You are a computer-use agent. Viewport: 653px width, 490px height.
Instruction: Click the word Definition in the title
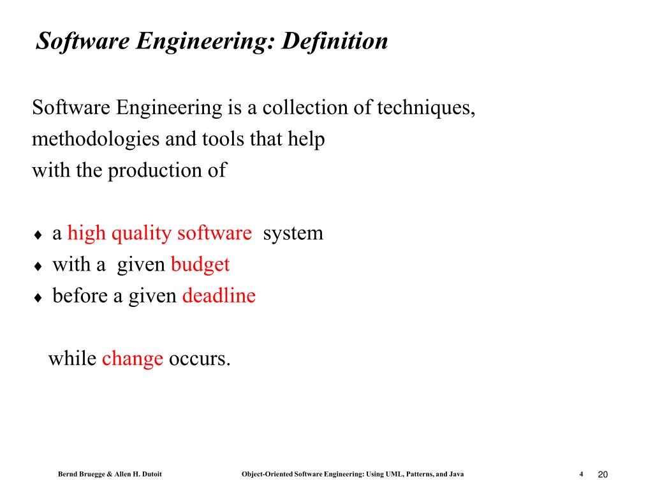[335, 41]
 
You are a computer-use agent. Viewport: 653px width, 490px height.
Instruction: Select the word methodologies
[96, 139]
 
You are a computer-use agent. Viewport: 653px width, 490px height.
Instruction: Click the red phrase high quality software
[159, 234]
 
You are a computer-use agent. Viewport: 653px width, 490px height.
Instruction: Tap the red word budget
[200, 265]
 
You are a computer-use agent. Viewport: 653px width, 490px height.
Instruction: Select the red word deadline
[219, 296]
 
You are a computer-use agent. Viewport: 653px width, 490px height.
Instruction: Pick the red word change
[133, 359]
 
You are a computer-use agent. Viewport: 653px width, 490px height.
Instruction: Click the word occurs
[199, 359]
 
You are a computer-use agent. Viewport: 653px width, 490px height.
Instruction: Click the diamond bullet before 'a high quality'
[38, 235]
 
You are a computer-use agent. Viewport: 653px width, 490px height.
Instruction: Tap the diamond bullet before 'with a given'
[38, 267]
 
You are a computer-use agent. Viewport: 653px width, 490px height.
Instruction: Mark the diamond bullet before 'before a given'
[38, 298]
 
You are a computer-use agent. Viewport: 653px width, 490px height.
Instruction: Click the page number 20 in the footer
[603, 474]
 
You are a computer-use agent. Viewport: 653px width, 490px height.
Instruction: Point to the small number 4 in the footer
[582, 474]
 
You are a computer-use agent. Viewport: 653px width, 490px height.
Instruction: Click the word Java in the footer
[456, 474]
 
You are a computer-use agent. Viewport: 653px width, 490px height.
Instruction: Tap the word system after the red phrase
[293, 234]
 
